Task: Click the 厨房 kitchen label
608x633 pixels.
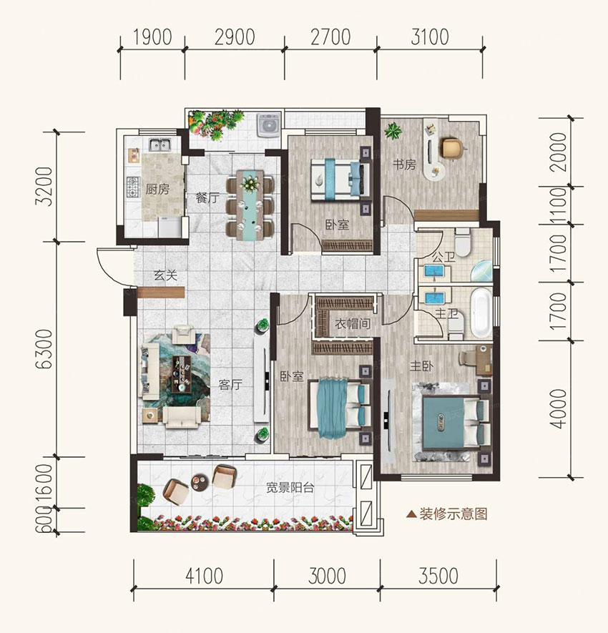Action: (157, 189)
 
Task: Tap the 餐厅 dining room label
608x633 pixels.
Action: (207, 198)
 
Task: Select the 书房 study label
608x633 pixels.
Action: (404, 165)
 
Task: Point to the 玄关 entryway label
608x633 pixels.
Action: (165, 275)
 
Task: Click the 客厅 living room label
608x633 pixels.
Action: (230, 384)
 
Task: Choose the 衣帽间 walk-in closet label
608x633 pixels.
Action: (353, 323)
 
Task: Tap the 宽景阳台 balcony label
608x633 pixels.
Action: (290, 488)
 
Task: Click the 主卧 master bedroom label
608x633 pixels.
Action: (421, 366)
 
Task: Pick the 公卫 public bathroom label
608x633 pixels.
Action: (443, 257)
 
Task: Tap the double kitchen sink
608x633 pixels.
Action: (160, 144)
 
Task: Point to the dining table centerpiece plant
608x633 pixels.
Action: (250, 184)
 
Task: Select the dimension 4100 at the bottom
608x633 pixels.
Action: (205, 576)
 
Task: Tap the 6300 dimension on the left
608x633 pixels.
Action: (44, 349)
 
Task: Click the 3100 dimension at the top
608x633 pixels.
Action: (430, 37)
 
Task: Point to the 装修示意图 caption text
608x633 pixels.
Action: (453, 514)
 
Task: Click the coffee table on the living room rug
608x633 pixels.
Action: (182, 374)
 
